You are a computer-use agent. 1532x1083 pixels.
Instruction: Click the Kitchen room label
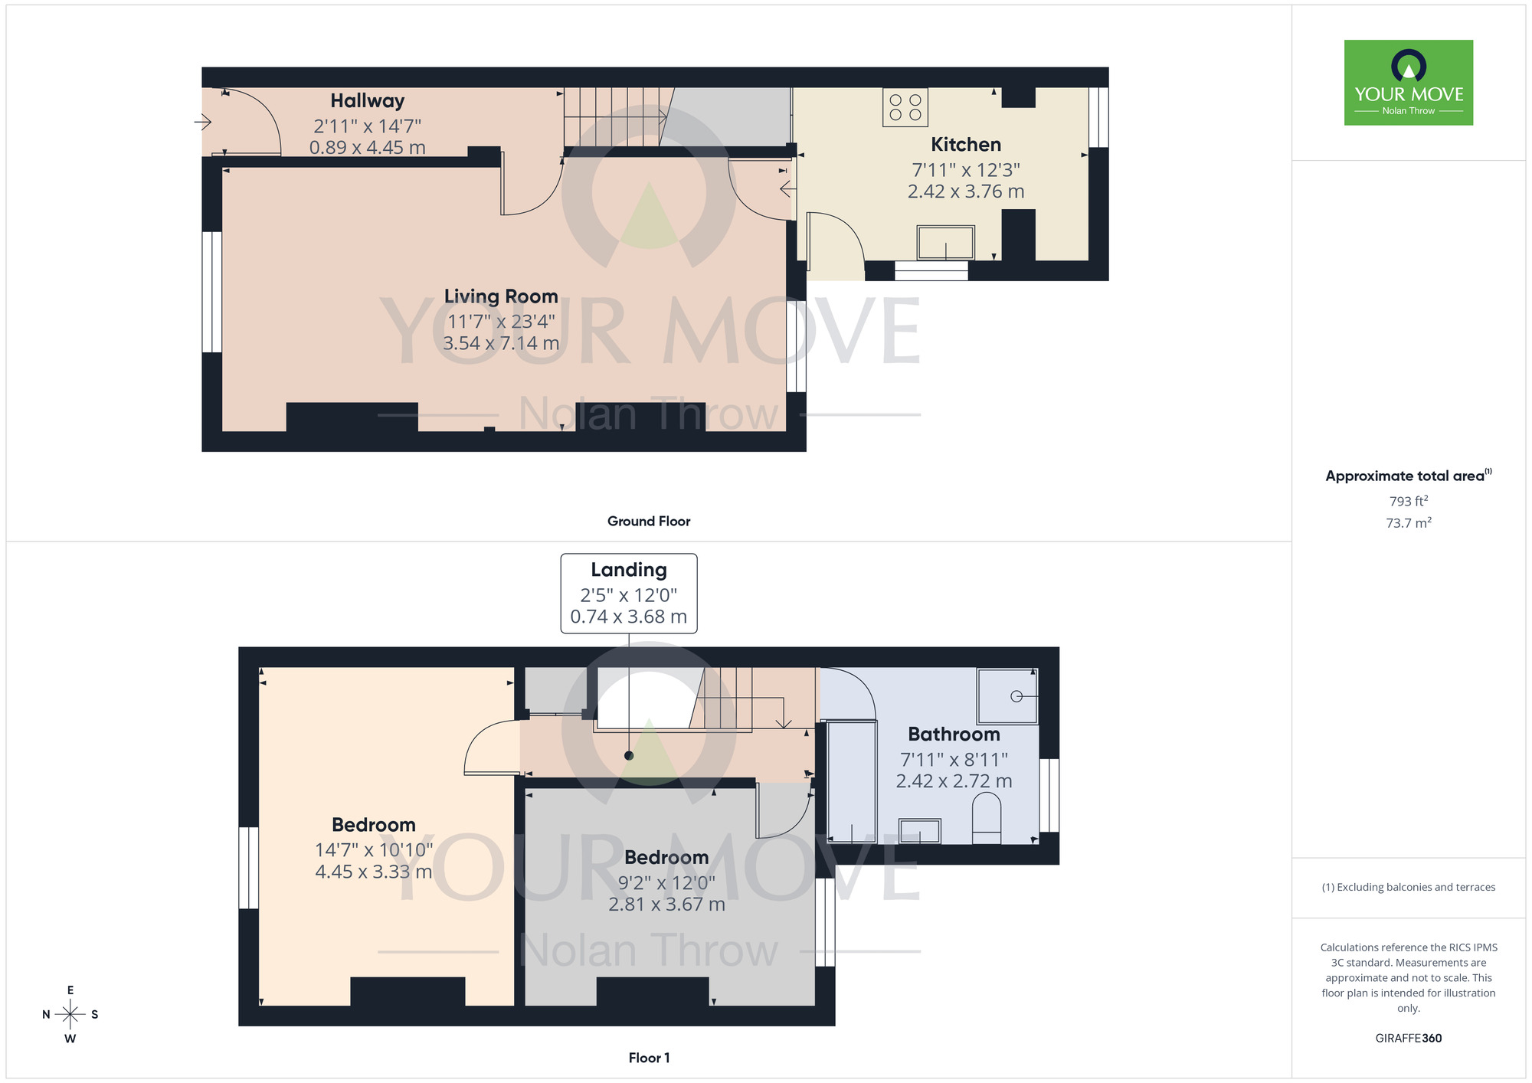965,145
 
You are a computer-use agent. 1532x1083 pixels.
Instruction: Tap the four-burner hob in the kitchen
905,107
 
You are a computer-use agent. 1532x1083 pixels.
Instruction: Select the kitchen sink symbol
945,243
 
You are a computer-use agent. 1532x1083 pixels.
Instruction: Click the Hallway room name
367,101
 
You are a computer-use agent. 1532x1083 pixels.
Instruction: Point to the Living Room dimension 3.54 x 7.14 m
500,343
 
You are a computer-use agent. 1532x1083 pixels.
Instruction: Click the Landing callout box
628,594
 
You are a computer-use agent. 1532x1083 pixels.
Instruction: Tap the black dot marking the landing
629,755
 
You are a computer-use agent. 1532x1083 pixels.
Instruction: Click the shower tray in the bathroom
1007,695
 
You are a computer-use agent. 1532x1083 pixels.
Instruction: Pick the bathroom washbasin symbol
919,831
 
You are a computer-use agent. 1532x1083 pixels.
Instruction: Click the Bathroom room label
954,735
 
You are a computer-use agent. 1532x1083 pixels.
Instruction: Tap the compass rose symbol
70,1015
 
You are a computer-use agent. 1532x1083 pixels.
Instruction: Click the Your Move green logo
1408,83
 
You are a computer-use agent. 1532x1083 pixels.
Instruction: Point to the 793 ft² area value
1408,501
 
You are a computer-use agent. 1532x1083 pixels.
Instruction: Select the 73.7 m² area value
1408,523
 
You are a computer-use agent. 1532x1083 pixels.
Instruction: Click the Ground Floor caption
648,522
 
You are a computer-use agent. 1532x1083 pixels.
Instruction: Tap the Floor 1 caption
648,1058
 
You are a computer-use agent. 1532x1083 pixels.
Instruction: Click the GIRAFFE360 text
1408,1039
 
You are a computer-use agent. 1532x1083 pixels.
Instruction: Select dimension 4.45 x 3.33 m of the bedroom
373,872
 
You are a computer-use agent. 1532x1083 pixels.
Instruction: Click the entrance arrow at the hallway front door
202,122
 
